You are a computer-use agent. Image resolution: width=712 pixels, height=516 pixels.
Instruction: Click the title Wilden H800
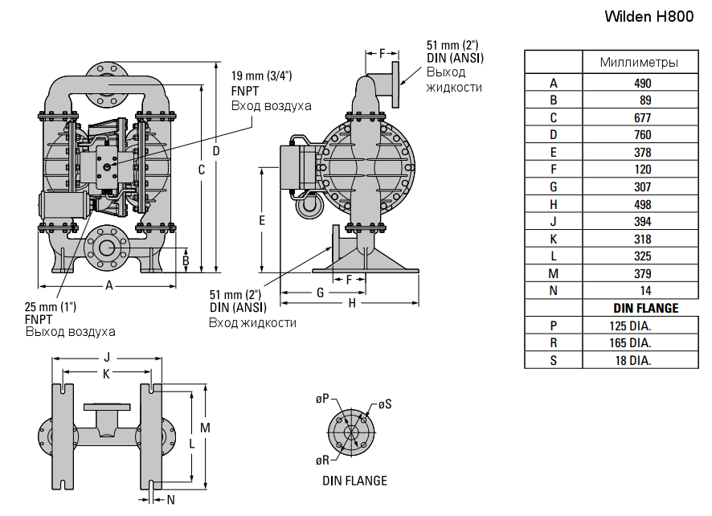click(648, 17)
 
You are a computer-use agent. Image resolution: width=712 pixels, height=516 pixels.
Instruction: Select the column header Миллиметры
click(638, 63)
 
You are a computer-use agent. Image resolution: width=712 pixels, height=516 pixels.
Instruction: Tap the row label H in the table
click(553, 204)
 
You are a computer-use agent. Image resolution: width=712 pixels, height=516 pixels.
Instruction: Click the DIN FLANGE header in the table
click(645, 308)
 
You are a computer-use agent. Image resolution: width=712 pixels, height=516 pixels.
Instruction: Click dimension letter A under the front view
click(108, 285)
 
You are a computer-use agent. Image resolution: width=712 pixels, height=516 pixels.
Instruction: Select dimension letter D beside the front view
click(215, 151)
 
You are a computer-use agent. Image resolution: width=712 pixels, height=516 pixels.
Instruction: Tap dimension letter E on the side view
click(262, 219)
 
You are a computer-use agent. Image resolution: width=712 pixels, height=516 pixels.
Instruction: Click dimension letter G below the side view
click(320, 293)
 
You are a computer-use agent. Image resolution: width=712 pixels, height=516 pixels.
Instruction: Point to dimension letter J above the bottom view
click(106, 357)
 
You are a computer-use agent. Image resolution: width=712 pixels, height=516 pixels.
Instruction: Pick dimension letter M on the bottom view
click(205, 428)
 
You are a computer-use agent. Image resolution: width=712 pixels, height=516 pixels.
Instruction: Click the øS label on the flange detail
click(384, 404)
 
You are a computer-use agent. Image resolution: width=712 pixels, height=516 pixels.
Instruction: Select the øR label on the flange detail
click(322, 460)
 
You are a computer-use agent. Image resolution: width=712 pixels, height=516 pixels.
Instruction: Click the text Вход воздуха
click(271, 106)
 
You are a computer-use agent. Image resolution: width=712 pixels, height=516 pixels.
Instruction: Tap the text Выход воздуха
click(70, 331)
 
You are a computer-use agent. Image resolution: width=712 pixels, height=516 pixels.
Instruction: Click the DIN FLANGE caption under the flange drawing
click(354, 481)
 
